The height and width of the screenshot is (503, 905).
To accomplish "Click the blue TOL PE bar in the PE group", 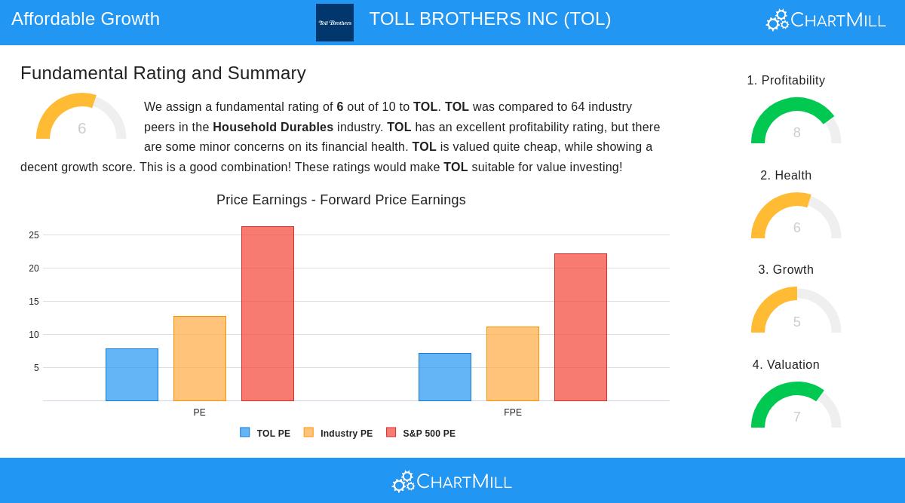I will [132, 375].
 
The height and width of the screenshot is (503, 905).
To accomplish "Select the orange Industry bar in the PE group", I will [200, 358].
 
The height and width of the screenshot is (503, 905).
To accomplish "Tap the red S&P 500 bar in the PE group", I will [268, 314].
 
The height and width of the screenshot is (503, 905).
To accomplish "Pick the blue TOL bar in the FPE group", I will [445, 377].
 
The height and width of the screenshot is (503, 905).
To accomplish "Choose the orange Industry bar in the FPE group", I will [513, 363].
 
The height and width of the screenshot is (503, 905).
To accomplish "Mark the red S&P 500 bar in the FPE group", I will [581, 327].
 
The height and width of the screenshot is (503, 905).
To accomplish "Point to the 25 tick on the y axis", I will [34, 235].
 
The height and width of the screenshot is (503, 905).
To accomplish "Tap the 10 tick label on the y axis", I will [34, 335].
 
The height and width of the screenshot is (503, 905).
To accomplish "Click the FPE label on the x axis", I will [513, 413].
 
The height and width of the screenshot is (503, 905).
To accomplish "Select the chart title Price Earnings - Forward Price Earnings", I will [341, 200].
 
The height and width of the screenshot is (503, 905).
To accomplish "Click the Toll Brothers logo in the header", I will [335, 23].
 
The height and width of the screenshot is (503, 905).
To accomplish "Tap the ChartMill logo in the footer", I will [452, 481].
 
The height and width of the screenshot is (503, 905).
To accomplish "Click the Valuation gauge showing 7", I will [796, 406].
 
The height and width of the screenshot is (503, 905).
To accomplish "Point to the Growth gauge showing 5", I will [796, 311].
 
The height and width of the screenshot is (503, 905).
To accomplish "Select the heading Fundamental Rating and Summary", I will [163, 73].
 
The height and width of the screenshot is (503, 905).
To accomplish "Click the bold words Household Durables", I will [273, 127].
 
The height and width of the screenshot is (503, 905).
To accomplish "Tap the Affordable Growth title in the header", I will [85, 19].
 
